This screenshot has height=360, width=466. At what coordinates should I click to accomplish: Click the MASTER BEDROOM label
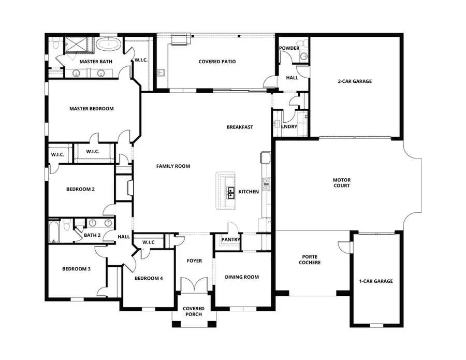point(92,109)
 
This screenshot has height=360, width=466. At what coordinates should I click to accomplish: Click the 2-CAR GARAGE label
point(355,81)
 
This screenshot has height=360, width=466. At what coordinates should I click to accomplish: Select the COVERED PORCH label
point(194,311)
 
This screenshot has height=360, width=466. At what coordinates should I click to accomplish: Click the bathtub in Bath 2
point(54,232)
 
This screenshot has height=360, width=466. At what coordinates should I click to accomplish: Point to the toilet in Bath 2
point(67,226)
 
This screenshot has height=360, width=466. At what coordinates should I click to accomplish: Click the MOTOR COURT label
point(341,182)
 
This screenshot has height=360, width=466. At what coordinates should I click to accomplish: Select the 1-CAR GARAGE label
point(376,281)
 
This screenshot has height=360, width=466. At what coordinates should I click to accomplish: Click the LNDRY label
point(289,126)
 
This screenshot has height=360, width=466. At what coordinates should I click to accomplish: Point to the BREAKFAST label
point(239,127)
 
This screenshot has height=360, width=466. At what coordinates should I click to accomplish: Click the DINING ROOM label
point(241,277)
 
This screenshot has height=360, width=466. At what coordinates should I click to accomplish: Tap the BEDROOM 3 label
point(76,268)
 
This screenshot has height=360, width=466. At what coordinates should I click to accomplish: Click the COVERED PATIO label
point(217,62)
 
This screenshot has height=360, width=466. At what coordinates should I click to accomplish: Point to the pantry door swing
point(232,228)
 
